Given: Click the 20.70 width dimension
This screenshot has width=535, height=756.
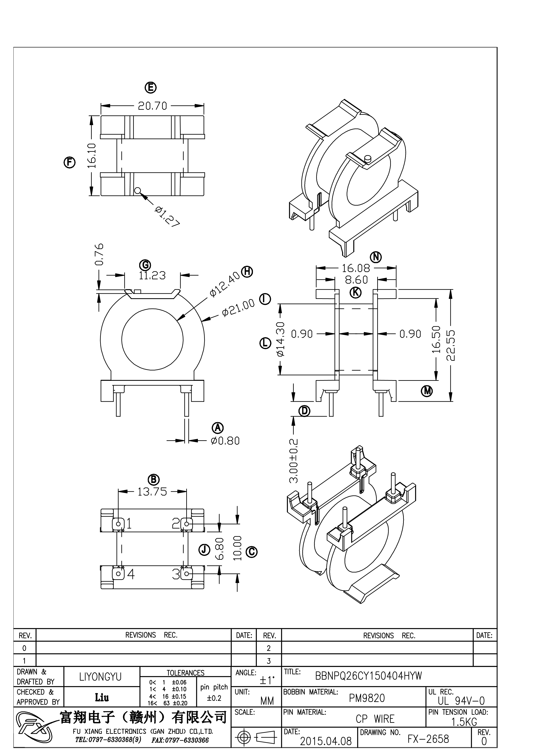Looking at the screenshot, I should tap(152, 106).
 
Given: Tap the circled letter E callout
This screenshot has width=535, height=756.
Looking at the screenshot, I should tap(151, 87).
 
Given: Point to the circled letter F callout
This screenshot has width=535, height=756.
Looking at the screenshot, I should tap(69, 162).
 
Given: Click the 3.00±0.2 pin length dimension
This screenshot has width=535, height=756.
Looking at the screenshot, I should tap(293, 461).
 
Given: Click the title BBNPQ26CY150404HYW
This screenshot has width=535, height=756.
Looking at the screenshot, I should tap(368, 676).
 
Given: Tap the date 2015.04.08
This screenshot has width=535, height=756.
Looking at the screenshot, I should tap(326, 741).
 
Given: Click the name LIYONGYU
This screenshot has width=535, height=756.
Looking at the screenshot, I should tap(101, 677).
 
